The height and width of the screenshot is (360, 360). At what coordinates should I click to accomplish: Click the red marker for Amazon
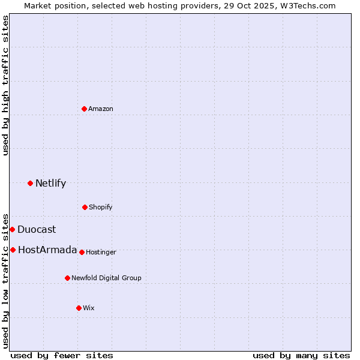[x=85, y=109]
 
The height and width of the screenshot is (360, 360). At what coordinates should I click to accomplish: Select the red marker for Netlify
[x=30, y=183]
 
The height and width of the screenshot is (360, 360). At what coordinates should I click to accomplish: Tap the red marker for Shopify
[x=85, y=207]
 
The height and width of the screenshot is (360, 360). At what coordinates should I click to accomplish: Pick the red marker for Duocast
[x=12, y=229]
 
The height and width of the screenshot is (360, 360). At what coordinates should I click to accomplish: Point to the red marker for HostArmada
[x=13, y=250]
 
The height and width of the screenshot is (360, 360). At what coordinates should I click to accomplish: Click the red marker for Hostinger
[x=82, y=252]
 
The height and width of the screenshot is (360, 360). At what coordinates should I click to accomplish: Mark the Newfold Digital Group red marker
[x=67, y=278]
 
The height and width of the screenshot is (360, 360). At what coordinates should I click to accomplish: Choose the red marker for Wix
[x=79, y=308]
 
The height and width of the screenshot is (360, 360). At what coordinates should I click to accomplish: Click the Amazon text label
[x=101, y=109]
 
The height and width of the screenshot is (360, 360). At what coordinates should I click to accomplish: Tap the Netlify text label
[x=50, y=183]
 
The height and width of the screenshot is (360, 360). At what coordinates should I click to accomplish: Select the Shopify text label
[x=101, y=207]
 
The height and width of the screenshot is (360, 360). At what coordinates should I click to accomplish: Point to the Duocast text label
[x=37, y=229]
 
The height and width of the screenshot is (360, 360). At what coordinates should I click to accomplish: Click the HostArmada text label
[x=47, y=250]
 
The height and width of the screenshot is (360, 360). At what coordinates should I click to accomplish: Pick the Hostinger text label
[x=101, y=252]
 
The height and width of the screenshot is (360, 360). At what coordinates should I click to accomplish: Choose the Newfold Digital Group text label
[x=106, y=278]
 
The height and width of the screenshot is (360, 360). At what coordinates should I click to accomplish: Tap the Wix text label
[x=89, y=308]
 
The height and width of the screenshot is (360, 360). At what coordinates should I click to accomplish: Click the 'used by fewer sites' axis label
[x=62, y=355]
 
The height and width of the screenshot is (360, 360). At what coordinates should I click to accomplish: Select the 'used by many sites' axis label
[x=301, y=355]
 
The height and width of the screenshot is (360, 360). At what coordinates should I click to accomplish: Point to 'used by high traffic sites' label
[x=5, y=85]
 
